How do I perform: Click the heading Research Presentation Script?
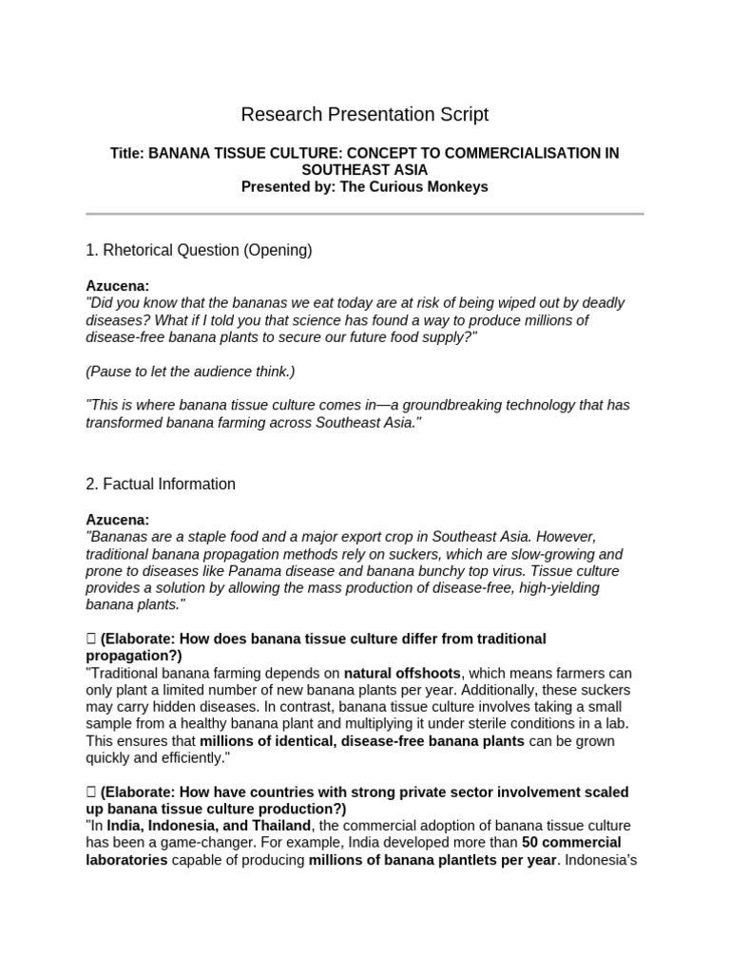click(365, 115)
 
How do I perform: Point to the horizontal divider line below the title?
click(365, 214)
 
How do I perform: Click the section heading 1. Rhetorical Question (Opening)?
click(199, 251)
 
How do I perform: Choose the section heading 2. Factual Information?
click(161, 485)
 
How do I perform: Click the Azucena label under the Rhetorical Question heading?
click(117, 286)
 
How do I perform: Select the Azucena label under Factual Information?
click(117, 520)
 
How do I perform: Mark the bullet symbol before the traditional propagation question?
click(91, 639)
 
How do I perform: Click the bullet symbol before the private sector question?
click(91, 792)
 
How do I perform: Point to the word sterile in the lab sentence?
click(458, 724)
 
